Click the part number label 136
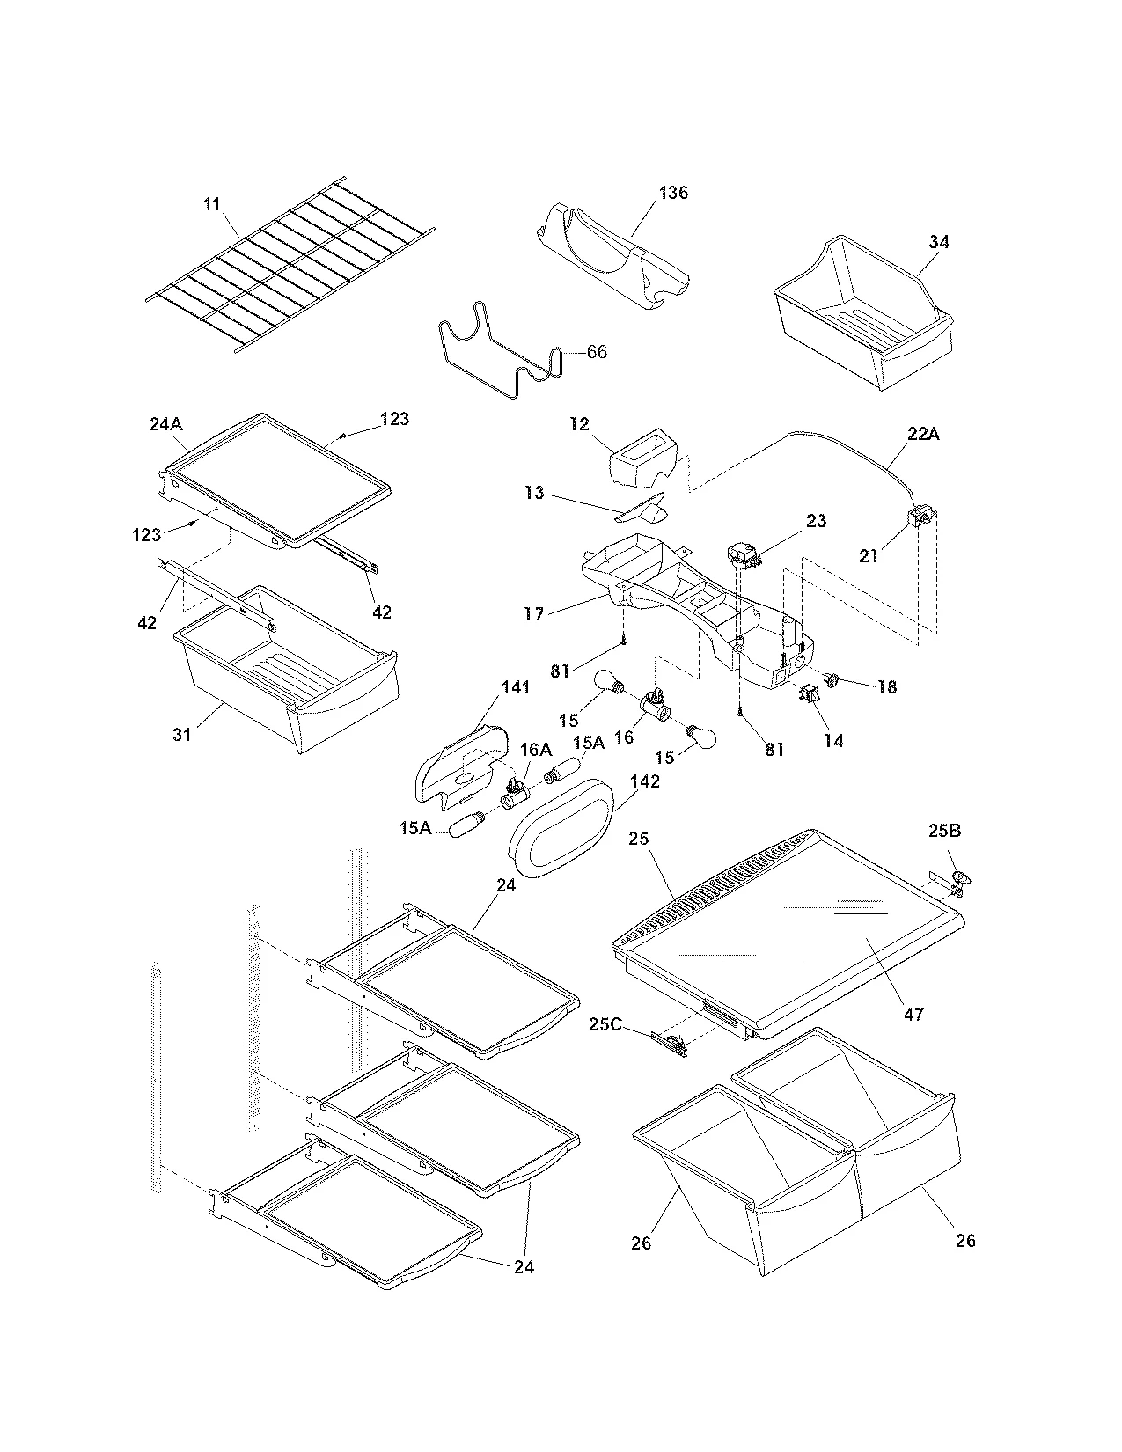click(x=673, y=193)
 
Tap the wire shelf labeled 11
click(x=290, y=264)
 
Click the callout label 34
click(x=939, y=241)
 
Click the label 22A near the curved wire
click(x=922, y=434)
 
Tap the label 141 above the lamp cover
click(x=516, y=686)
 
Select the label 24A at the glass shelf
click(x=165, y=424)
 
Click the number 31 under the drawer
click(x=181, y=733)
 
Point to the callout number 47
click(x=914, y=1014)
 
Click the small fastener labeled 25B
click(x=963, y=877)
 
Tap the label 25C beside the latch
click(x=605, y=1024)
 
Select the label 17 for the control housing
click(x=534, y=613)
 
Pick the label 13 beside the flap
click(x=534, y=494)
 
